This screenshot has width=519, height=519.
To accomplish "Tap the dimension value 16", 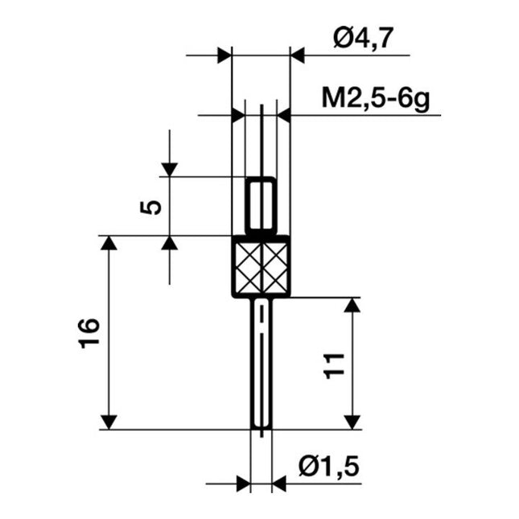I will pyautogui.click(x=89, y=332).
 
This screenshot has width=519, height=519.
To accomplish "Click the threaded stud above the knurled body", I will pyautogui.click(x=261, y=205).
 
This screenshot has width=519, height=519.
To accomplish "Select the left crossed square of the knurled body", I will pyautogui.click(x=247, y=266).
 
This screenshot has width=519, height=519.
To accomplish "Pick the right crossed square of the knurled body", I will pyautogui.click(x=274, y=266).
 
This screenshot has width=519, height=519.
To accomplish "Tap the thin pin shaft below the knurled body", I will pyautogui.click(x=262, y=362).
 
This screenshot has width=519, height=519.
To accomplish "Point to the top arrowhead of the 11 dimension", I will pyautogui.click(x=352, y=305).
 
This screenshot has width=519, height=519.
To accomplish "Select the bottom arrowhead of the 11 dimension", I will pyautogui.click(x=352, y=421).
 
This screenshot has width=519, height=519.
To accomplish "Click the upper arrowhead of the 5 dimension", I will pyautogui.click(x=169, y=169).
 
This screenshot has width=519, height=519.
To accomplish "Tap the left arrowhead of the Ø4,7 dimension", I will pyautogui.click(x=224, y=56).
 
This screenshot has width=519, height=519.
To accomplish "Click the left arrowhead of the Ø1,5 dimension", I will pyautogui.click(x=242, y=484).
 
